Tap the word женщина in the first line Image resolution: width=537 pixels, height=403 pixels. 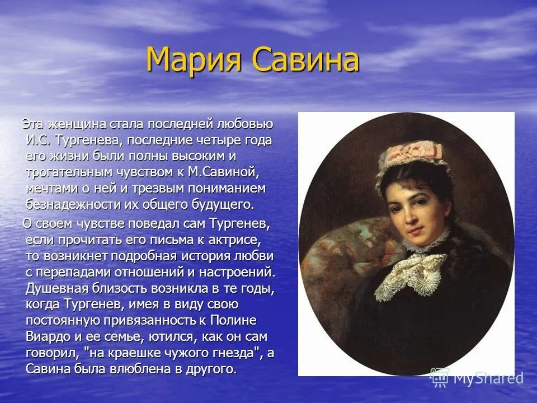pyautogui.click(x=72, y=124)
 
